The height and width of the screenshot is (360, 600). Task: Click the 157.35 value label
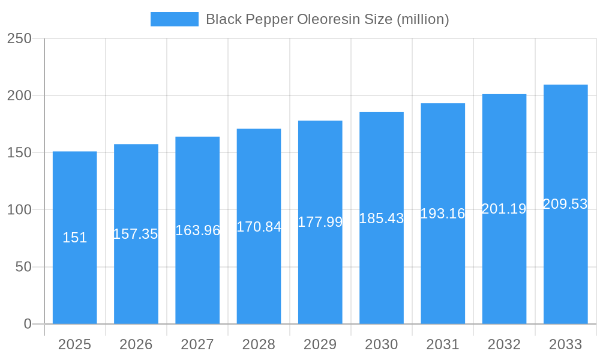(136, 234)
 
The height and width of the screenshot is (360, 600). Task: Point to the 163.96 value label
(197, 230)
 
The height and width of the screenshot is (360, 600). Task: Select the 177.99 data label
(320, 222)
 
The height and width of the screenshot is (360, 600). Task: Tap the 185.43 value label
(382, 218)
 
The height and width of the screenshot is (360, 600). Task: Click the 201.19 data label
(504, 209)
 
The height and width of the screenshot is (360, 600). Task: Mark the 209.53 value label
(565, 204)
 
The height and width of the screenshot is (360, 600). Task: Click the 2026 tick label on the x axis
(136, 344)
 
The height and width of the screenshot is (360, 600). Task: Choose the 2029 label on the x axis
(320, 344)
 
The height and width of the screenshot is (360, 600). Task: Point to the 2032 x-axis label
(504, 344)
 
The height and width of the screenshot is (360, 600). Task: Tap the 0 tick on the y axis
(27, 324)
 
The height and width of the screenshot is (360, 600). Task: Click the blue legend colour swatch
(174, 19)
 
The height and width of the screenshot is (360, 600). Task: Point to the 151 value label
(74, 238)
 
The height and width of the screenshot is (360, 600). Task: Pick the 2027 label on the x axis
(197, 344)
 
